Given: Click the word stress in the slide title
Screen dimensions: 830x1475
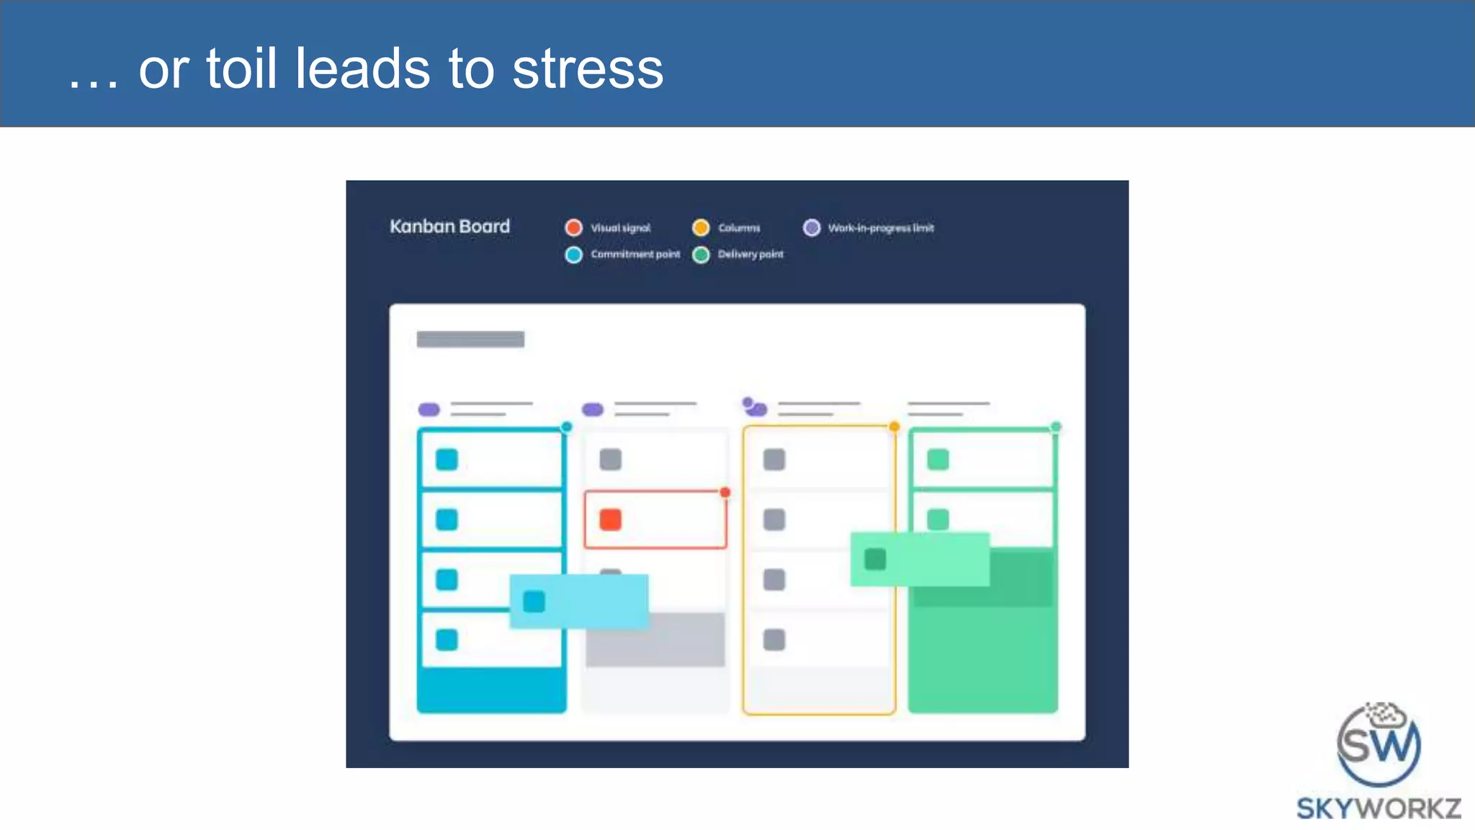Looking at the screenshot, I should point(588,69).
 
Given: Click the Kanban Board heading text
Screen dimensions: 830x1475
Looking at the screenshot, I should point(449,226).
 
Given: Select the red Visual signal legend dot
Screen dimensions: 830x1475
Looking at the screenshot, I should point(573,228).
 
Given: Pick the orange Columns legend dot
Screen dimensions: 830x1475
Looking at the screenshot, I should point(701,228).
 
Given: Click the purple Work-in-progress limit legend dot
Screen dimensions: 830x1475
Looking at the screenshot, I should point(812,228).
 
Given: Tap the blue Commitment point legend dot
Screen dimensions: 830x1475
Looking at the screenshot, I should point(573,254).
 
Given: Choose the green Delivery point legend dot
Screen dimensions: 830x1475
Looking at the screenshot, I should point(701,254).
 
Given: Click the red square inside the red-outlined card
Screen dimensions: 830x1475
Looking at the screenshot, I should point(610,519).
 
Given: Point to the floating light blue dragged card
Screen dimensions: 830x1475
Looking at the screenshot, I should point(579,601).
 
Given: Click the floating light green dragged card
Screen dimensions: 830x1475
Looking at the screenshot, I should point(920,559).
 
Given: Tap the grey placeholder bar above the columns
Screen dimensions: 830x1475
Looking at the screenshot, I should point(470,339).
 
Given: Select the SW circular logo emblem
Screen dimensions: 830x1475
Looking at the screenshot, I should point(1378,744).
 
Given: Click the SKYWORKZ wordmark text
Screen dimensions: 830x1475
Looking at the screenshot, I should point(1378,808).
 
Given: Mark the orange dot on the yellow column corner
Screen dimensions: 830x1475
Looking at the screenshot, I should point(894,427).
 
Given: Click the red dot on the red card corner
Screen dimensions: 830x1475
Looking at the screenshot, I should point(725,492).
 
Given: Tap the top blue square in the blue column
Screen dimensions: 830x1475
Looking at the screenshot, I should point(447,460).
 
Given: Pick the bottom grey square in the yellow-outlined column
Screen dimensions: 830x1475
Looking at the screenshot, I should point(774,640).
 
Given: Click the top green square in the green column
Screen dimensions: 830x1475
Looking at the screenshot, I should point(938,460).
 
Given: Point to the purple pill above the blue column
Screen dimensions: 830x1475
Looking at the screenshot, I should point(429,409).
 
